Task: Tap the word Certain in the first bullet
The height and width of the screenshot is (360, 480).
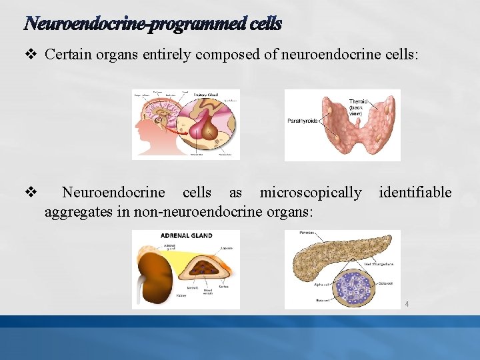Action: tap(65, 55)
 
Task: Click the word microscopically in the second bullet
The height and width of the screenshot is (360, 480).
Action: tap(311, 193)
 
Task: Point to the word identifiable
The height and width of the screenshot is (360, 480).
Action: tap(415, 193)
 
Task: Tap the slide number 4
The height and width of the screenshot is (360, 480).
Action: tap(406, 305)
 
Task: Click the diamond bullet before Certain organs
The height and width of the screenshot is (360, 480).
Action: tap(30, 55)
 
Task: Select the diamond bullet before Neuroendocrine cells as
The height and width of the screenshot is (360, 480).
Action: tap(30, 193)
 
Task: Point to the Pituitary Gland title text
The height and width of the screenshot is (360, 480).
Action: tap(206, 95)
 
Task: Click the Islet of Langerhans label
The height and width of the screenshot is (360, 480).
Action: tap(379, 264)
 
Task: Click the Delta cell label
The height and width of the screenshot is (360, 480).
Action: tap(385, 283)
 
